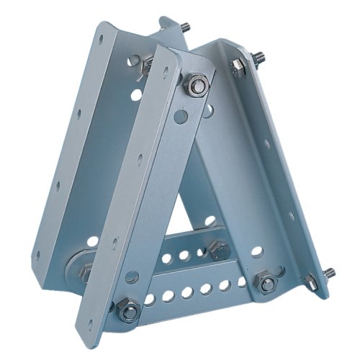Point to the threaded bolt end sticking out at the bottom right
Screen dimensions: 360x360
point(329,273)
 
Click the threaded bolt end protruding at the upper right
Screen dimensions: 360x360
point(258,56)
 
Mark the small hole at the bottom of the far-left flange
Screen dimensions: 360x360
point(38,254)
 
